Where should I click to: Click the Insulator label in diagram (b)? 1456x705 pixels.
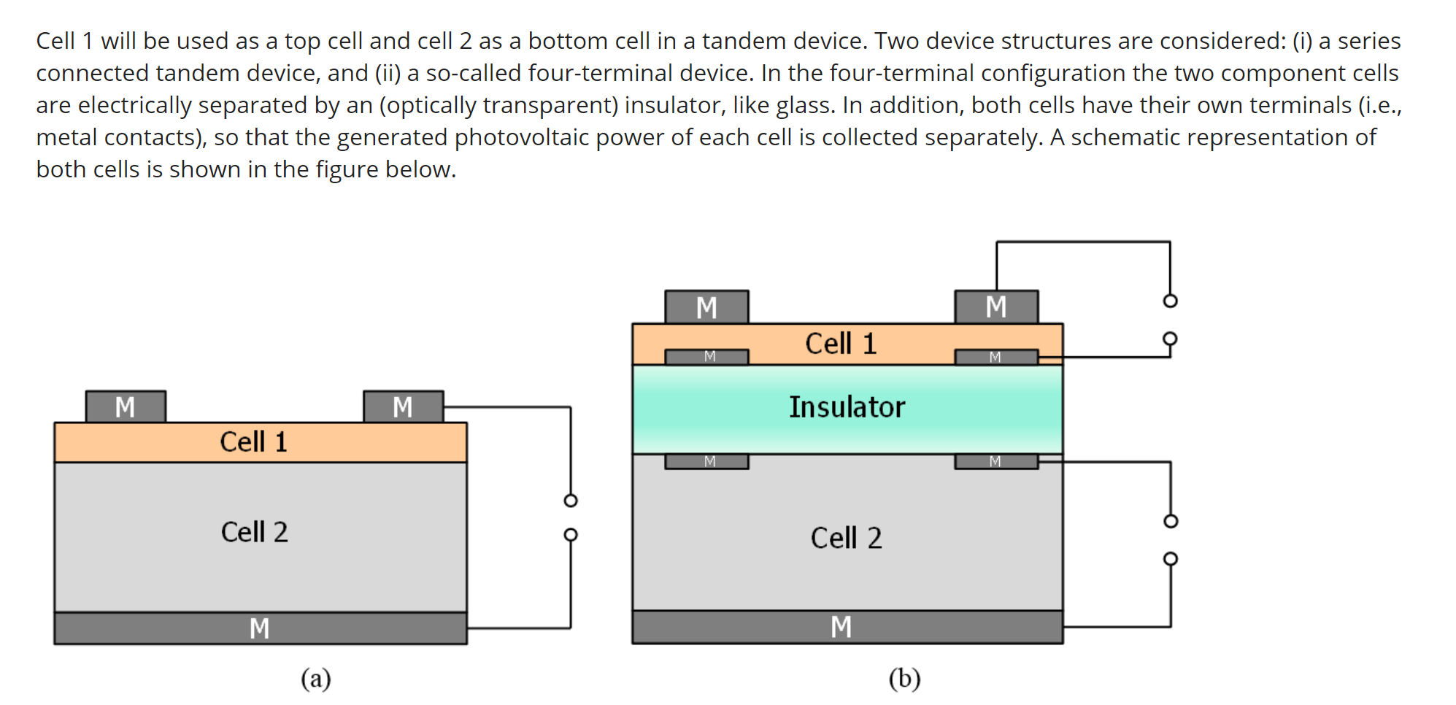click(x=847, y=407)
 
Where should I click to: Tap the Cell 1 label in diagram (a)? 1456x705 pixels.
click(x=253, y=442)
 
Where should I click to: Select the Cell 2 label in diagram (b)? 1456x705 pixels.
click(x=846, y=539)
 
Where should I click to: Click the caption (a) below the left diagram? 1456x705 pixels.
click(x=315, y=679)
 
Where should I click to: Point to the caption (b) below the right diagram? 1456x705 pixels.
click(x=904, y=679)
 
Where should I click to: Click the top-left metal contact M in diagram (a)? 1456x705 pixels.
click(x=126, y=407)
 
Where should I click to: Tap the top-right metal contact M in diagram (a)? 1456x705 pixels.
click(x=403, y=407)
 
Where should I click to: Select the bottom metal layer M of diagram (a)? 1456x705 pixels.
click(x=260, y=628)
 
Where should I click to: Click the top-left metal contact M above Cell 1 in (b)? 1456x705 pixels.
click(x=706, y=307)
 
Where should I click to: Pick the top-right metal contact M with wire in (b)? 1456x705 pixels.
click(x=996, y=307)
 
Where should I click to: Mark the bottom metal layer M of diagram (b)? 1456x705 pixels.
click(x=841, y=627)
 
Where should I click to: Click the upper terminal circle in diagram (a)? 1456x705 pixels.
click(x=571, y=501)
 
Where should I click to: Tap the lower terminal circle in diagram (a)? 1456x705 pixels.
click(x=571, y=535)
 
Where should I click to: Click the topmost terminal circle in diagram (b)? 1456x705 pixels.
click(x=1170, y=301)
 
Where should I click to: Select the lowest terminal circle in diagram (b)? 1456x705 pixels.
click(x=1170, y=559)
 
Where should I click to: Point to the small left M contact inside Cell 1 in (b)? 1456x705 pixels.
click(x=706, y=357)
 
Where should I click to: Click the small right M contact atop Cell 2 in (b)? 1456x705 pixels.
click(x=995, y=461)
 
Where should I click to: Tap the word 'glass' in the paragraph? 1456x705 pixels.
click(x=803, y=105)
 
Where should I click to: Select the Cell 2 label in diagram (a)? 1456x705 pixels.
click(x=254, y=533)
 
